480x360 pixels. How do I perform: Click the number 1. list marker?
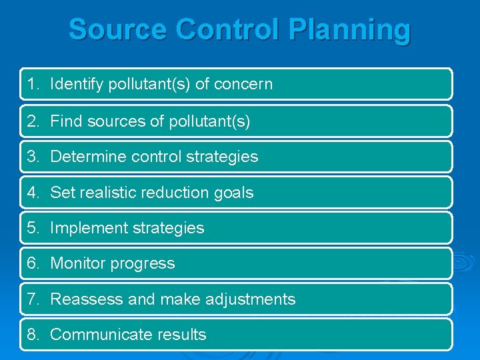34,84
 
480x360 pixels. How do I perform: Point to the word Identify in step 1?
74,84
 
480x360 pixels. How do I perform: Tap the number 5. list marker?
34,228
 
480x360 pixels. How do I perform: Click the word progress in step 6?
143,264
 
